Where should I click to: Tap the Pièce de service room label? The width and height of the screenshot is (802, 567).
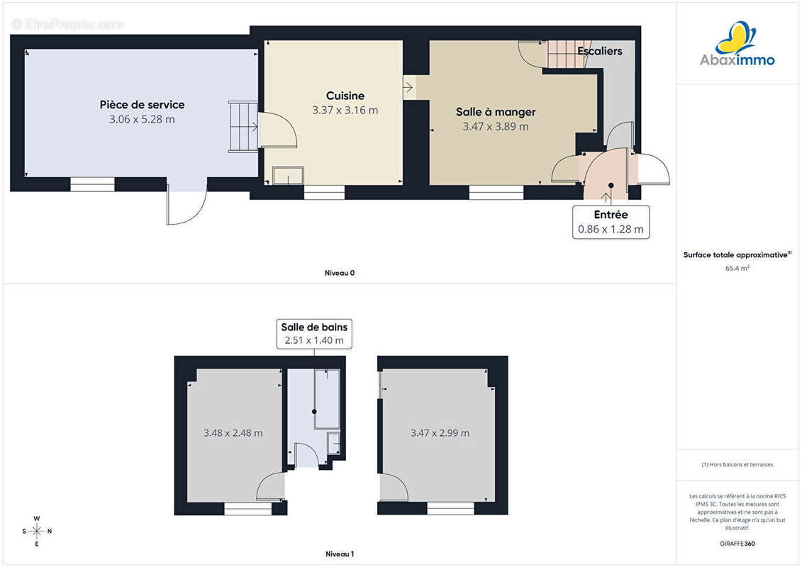click(x=143, y=105)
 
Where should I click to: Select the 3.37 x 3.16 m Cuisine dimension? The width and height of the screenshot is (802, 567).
click(x=345, y=111)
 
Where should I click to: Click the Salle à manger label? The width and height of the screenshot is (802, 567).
click(x=496, y=112)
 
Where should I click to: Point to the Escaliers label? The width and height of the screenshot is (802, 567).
click(x=599, y=51)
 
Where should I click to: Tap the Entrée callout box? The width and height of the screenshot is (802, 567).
click(x=611, y=222)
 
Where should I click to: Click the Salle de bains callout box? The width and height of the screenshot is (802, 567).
click(x=314, y=334)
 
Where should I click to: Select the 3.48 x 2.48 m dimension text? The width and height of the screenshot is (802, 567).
click(x=233, y=433)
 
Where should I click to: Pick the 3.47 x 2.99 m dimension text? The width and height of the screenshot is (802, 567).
click(x=440, y=433)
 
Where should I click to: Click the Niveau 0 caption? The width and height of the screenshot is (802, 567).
click(x=340, y=273)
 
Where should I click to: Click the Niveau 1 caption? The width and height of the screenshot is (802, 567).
click(x=340, y=554)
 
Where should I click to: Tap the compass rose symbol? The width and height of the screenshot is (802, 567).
click(x=37, y=532)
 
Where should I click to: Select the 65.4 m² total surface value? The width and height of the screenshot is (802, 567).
click(x=737, y=268)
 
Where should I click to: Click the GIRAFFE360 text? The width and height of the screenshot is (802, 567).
click(x=737, y=544)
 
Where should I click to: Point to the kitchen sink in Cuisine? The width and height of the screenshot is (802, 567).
click(x=288, y=175)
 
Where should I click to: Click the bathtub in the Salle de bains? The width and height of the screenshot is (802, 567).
click(x=327, y=399)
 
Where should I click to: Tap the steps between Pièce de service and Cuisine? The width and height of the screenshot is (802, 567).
click(x=243, y=126)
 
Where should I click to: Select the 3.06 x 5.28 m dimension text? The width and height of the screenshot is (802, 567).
click(x=143, y=120)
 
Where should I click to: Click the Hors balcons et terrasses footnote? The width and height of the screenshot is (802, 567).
click(x=737, y=465)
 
